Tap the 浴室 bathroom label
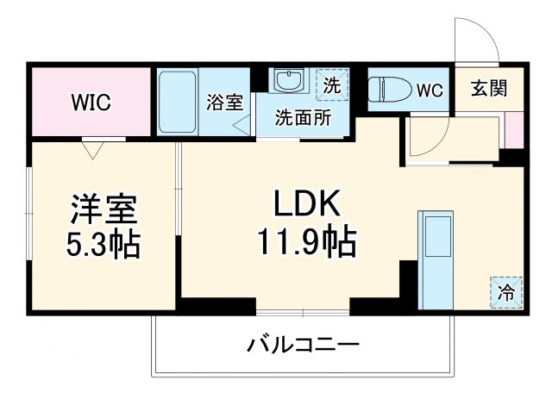[224, 103]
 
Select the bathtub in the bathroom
[179, 102]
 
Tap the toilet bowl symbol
[388, 89]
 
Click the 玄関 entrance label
[488, 87]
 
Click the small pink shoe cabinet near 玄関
[514, 129]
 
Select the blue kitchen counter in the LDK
[436, 253]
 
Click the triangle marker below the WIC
[94, 149]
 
